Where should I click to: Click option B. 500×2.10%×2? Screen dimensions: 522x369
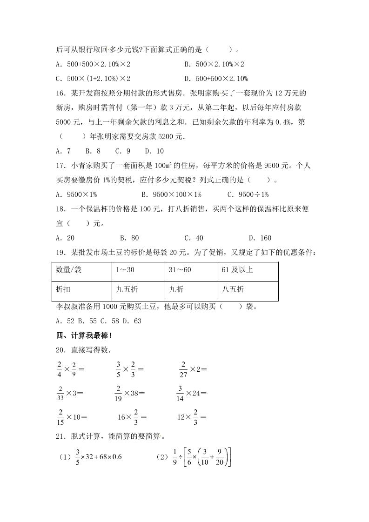tap(214, 64)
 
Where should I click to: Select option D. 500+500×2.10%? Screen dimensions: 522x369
tap(216, 78)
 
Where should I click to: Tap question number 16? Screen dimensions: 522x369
tap(60, 93)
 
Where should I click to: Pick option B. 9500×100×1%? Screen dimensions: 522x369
tap(171, 194)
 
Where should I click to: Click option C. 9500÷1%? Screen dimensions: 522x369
tap(248, 194)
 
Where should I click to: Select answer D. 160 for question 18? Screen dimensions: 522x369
tap(260, 238)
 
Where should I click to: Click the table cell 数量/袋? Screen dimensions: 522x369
tap(69, 270)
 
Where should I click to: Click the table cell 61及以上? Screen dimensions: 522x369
tap(237, 270)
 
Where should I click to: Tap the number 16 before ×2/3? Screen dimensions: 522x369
tap(122, 417)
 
